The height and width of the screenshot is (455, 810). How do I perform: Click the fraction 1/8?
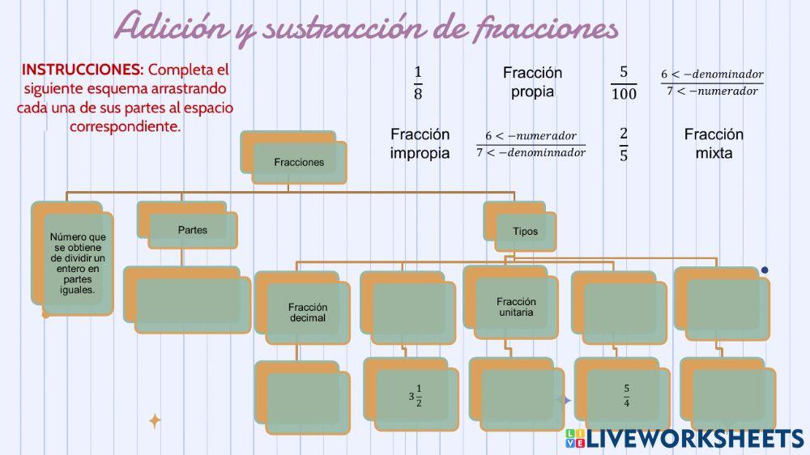point(418,83)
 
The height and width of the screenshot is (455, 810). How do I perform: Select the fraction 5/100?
point(624,83)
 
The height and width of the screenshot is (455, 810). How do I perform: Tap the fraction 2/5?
point(623,144)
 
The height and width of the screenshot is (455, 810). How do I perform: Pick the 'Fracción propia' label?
point(532,82)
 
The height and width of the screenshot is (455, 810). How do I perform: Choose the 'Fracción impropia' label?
point(420,143)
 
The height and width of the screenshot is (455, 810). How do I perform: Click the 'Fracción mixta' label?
point(714,143)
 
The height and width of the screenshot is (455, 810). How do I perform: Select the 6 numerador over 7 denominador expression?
point(531,144)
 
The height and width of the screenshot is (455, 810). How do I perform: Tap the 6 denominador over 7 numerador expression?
point(712,83)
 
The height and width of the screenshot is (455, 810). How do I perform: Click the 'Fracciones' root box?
point(298,161)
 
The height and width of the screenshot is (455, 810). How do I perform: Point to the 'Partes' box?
point(192,230)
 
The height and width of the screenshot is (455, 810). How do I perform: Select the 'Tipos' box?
point(524,231)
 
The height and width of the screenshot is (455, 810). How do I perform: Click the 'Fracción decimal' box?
point(307,312)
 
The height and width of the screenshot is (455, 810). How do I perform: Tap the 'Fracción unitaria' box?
point(516,307)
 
